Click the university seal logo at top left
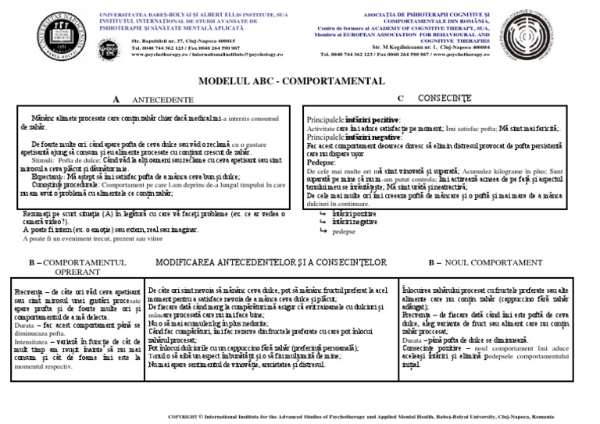37,37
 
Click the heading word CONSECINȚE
445,99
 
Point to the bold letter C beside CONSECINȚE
400,98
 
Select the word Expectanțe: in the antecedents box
43,177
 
